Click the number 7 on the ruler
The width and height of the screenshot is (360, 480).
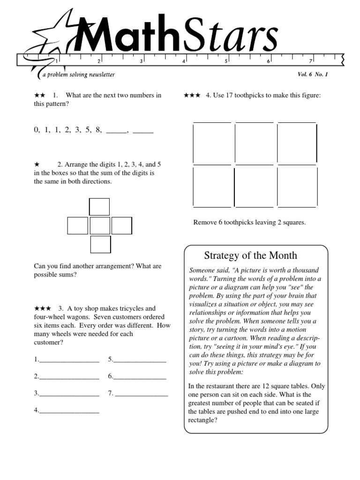click(x=311, y=61)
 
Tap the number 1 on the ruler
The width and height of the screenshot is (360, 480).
click(x=57, y=61)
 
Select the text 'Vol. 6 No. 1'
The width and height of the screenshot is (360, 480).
click(x=313, y=75)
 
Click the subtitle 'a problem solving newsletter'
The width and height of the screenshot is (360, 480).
click(x=78, y=75)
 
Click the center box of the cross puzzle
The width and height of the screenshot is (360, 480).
click(x=100, y=225)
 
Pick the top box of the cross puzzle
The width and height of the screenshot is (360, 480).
click(x=99, y=207)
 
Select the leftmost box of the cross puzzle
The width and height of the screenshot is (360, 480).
click(x=77, y=225)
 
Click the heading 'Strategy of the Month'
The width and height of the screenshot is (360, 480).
click(x=250, y=255)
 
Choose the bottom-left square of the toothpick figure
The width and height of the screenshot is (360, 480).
click(x=212, y=186)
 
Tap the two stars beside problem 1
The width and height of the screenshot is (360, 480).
click(x=39, y=95)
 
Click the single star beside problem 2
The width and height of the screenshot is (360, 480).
click(x=37, y=165)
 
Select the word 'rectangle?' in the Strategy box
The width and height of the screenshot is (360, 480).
click(x=202, y=420)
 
